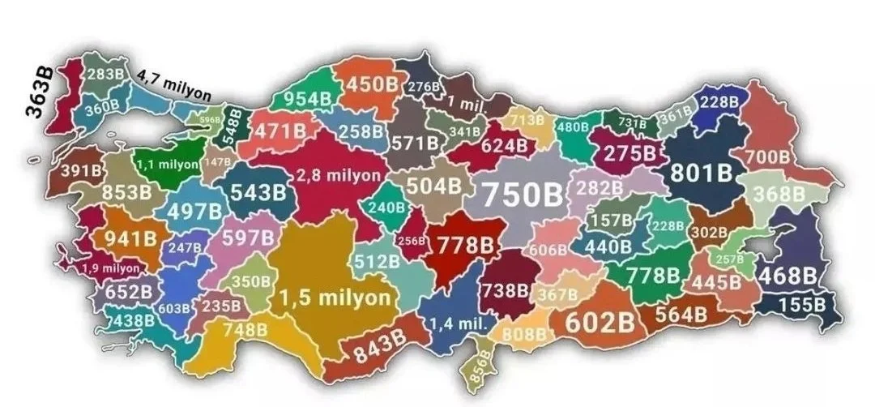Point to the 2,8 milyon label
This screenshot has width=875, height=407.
[338, 175]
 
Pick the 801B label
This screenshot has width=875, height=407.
[701, 174]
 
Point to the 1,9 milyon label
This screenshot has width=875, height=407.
[111, 268]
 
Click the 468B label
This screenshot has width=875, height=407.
[787, 276]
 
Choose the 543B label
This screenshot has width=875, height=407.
[258, 193]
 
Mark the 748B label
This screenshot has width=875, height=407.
[244, 329]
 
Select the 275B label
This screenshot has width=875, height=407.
[633, 153]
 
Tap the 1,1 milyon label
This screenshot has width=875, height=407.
[168, 165]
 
